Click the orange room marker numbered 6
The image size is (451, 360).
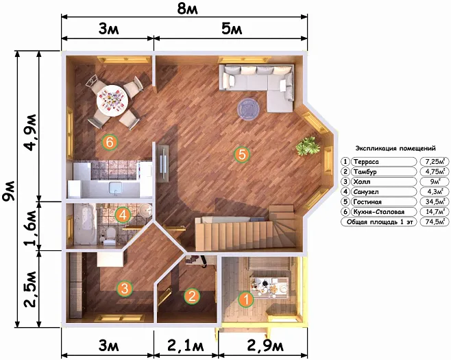tap(110, 142)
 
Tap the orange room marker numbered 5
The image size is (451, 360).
tap(242, 154)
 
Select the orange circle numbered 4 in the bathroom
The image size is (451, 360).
tap(123, 215)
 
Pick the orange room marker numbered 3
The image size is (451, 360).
tap(125, 289)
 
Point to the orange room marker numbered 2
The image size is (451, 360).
tap(192, 296)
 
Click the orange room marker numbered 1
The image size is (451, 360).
tap(246, 299)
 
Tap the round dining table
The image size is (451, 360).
tap(112, 100)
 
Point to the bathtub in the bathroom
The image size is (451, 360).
tap(85, 224)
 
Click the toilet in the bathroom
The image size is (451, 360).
tap(109, 236)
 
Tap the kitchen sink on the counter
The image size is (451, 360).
tap(116, 187)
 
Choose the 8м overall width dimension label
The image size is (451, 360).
tap(188, 9)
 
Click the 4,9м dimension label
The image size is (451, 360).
tap(31, 132)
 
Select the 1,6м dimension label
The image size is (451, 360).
tap(31, 228)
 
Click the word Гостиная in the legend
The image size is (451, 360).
tap(367, 202)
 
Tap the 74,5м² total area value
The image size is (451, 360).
tap(435, 222)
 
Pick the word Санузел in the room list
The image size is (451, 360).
tap(366, 192)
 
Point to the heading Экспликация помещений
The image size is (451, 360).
tap(395, 149)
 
